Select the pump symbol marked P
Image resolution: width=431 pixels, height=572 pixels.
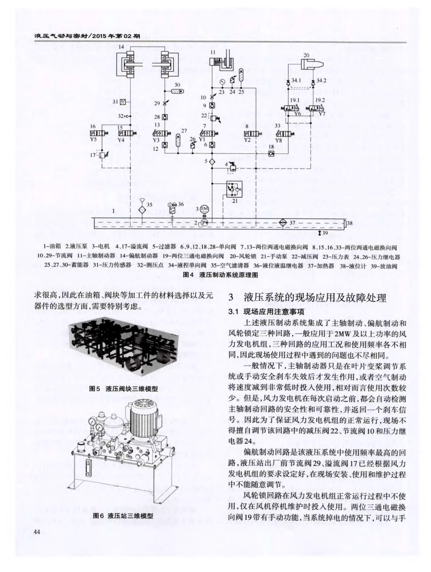(x=204, y=222)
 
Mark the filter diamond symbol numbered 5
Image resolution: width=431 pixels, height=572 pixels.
(x=212, y=161)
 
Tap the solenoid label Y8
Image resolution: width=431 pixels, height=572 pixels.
(x=279, y=140)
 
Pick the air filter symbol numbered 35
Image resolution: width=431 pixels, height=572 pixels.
(x=142, y=210)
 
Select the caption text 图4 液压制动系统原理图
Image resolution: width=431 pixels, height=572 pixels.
(x=220, y=275)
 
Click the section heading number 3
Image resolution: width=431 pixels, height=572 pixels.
(x=232, y=298)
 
